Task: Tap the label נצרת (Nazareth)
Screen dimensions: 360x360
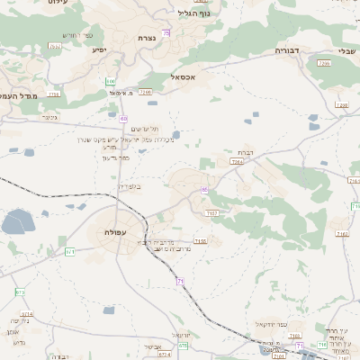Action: pos(148,39)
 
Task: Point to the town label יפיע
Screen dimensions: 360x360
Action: pos(99,49)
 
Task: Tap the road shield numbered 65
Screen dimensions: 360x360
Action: pos(205,190)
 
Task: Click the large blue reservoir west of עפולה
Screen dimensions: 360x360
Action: pos(17,221)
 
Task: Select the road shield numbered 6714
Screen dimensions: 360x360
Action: pos(21,292)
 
